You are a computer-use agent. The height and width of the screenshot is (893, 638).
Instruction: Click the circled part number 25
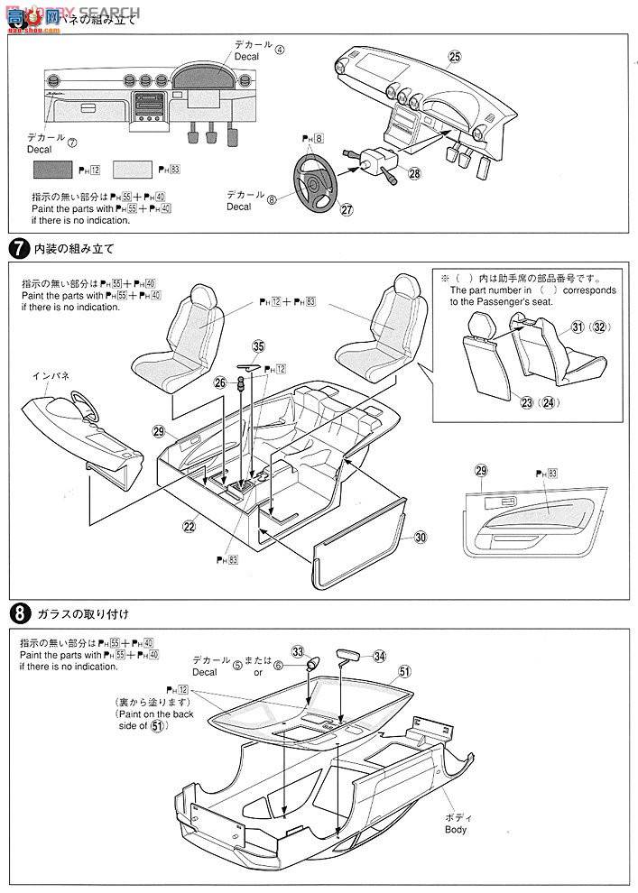tap(454, 56)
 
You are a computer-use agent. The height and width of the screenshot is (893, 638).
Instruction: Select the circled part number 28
tap(389, 173)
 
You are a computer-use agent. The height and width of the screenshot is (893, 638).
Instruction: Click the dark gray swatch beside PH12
tap(54, 169)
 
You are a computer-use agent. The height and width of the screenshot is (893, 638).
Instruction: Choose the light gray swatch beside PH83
tap(133, 169)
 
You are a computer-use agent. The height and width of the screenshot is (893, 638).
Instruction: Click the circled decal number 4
tap(280, 50)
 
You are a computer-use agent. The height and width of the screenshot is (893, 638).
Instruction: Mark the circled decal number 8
tap(271, 200)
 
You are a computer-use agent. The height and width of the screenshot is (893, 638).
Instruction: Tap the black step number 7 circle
tap(18, 249)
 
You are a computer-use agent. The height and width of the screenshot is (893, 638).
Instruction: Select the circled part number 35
tap(259, 345)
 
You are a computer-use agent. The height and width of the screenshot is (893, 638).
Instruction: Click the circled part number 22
tap(190, 527)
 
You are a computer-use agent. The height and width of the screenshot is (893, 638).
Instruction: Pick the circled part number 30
tap(420, 538)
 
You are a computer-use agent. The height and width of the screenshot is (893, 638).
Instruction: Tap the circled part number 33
tap(299, 652)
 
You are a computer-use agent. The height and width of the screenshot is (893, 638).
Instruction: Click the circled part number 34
tap(379, 656)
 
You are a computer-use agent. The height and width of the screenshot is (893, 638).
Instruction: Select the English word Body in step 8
tap(456, 829)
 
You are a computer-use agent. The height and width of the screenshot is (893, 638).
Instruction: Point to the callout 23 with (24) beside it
tap(520, 403)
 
